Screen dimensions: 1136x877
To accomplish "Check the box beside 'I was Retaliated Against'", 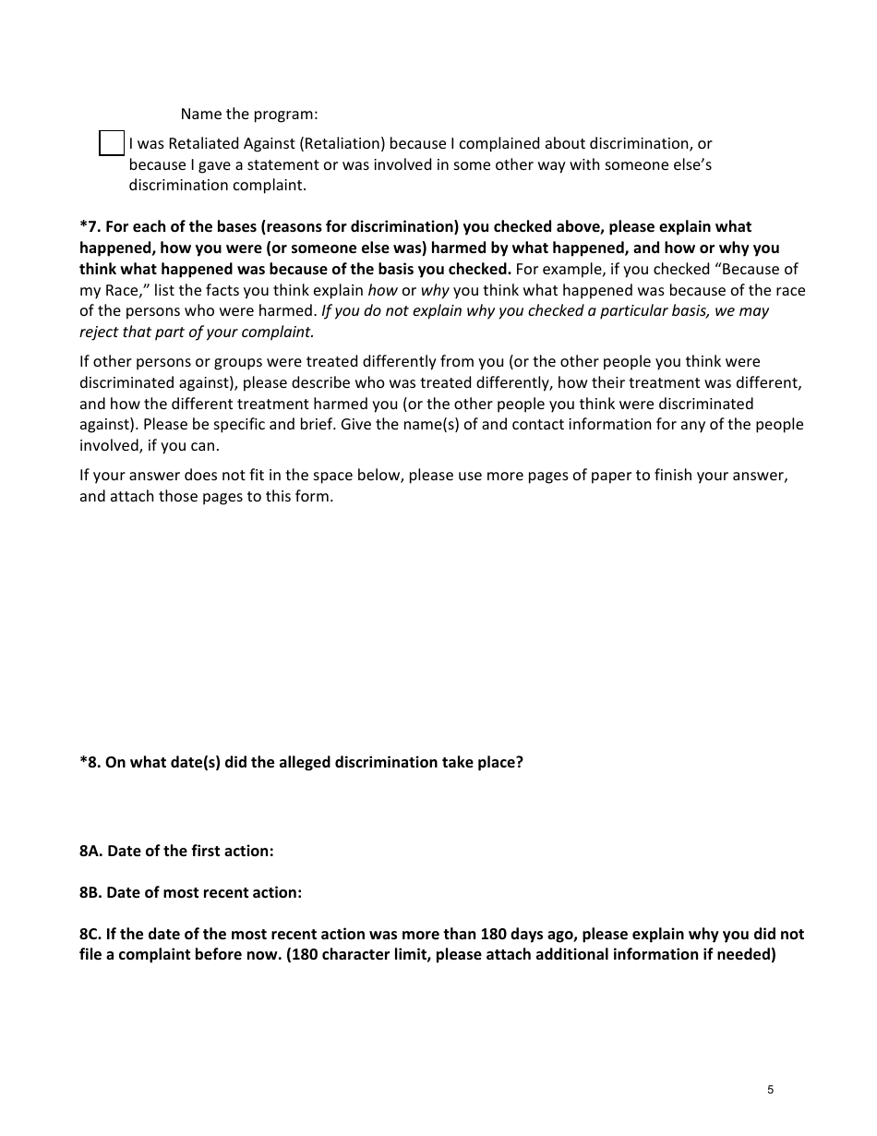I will click(112, 143).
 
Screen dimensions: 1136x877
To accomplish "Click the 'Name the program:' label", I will click(248, 115).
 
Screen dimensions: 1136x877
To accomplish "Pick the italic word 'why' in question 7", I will click(435, 291).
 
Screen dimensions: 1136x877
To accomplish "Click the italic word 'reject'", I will click(102, 332).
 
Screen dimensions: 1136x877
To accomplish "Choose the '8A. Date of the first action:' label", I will click(176, 852).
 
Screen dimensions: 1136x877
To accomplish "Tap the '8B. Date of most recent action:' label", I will click(190, 893).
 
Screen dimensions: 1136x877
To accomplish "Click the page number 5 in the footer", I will click(770, 1090).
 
